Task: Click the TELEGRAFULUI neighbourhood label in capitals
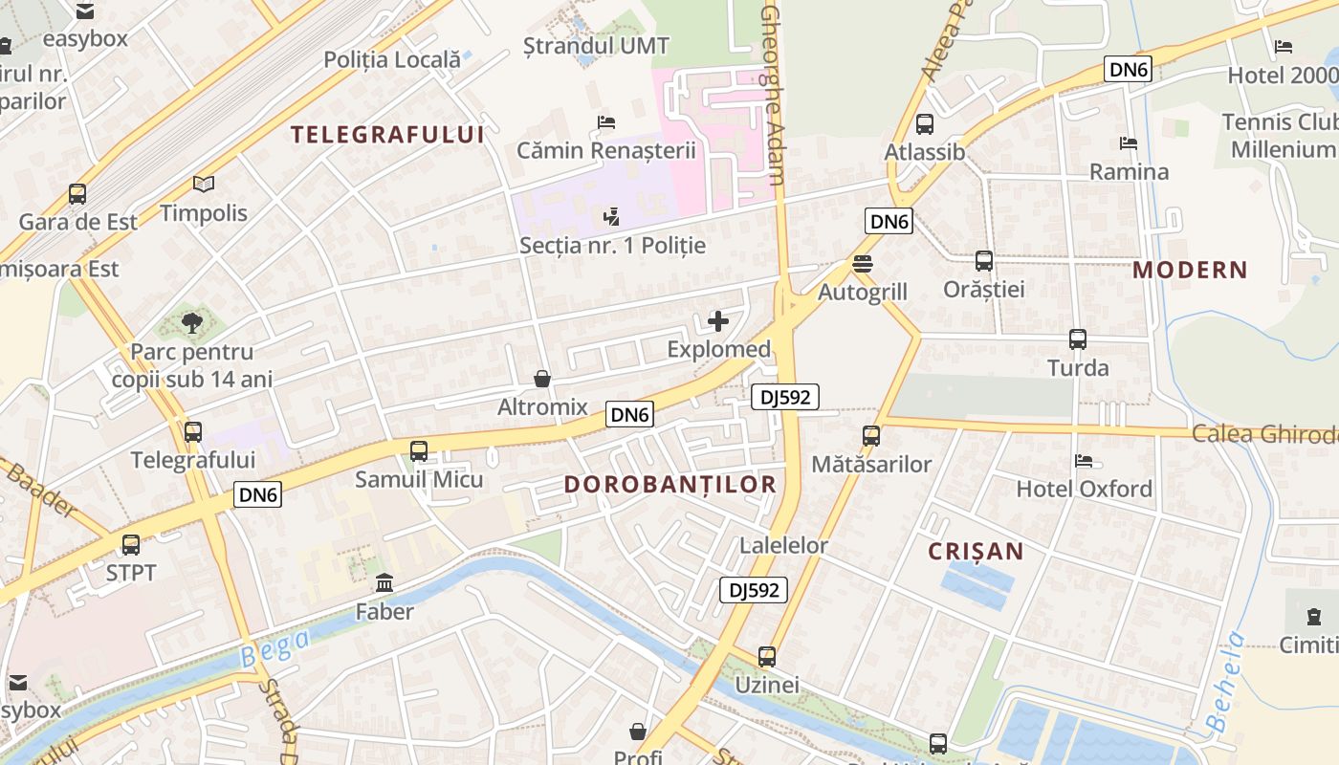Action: click(387, 135)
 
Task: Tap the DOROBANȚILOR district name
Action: click(669, 485)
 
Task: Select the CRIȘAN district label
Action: click(976, 552)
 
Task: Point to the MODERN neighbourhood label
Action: click(1190, 271)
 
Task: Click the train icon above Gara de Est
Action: click(77, 194)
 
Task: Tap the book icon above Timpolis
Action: click(203, 185)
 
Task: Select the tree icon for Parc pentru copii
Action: click(192, 323)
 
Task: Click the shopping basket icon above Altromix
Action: click(542, 380)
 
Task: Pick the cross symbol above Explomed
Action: click(718, 321)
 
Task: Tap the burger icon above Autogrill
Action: click(863, 264)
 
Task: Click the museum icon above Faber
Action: click(384, 582)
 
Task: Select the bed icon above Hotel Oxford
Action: click(1084, 461)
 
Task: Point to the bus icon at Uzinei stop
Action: click(767, 657)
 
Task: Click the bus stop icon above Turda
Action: click(1078, 339)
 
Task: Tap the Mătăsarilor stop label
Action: click(870, 465)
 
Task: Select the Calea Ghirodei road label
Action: click(1262, 434)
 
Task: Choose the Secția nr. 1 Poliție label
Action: click(612, 246)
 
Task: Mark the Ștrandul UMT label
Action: click(597, 45)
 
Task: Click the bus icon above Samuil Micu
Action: click(419, 451)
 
